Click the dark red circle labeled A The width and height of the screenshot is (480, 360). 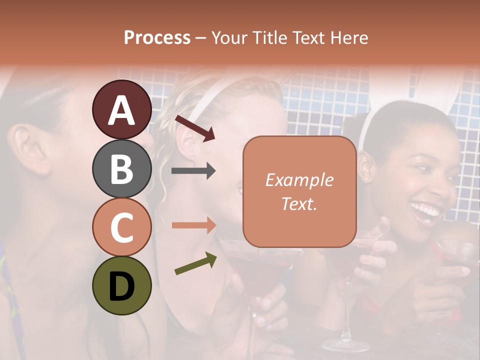point(121,109)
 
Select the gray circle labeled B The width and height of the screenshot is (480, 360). point(121,168)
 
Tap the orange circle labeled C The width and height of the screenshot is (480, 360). point(121,227)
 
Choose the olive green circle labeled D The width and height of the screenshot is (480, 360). point(121,286)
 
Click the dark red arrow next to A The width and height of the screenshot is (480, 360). point(194,128)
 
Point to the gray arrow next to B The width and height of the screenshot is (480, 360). point(193,171)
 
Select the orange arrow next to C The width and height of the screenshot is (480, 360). point(193,225)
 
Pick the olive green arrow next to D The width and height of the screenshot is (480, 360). point(195,263)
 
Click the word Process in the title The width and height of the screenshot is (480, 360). point(157,37)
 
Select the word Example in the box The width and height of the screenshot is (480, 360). point(299,180)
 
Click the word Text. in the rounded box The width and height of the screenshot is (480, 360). point(299,203)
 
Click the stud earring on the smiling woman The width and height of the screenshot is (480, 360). point(366,178)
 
